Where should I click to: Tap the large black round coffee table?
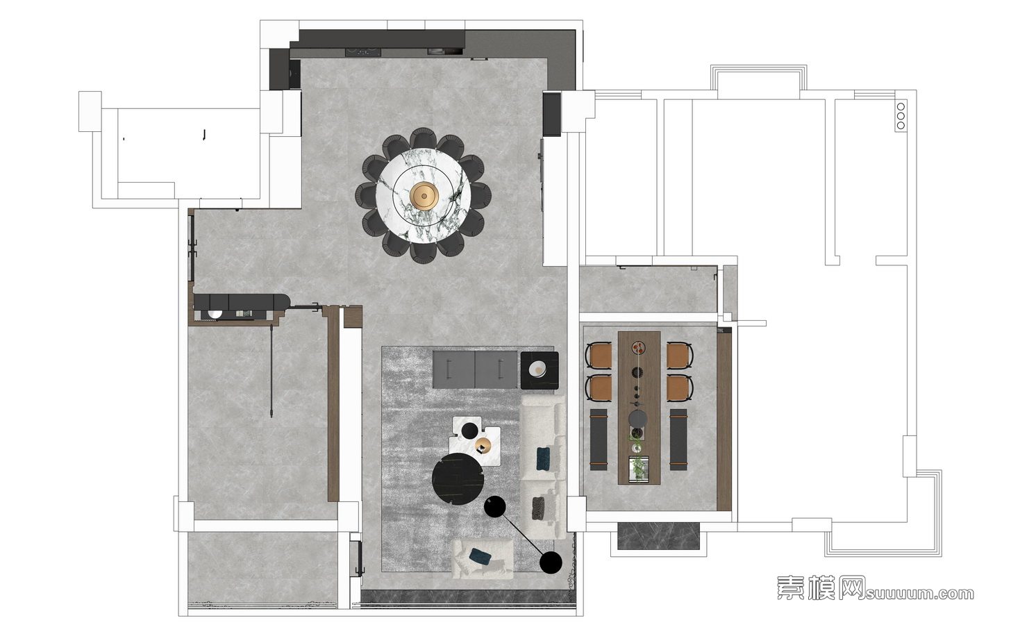point(458,478)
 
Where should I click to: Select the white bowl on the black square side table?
point(537,368)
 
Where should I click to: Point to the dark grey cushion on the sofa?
point(539,508)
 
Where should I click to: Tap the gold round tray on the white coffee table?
point(483,444)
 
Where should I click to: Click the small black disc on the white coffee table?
point(469,431)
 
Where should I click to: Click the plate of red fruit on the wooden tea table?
point(638,347)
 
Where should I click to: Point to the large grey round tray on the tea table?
point(638,418)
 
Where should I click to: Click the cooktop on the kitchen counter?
point(363,52)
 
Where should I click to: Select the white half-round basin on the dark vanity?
point(215,314)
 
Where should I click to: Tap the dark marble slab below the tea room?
point(658,536)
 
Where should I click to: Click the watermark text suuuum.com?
point(919,594)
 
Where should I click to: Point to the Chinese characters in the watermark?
point(820,587)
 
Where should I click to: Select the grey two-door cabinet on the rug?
point(475,369)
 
